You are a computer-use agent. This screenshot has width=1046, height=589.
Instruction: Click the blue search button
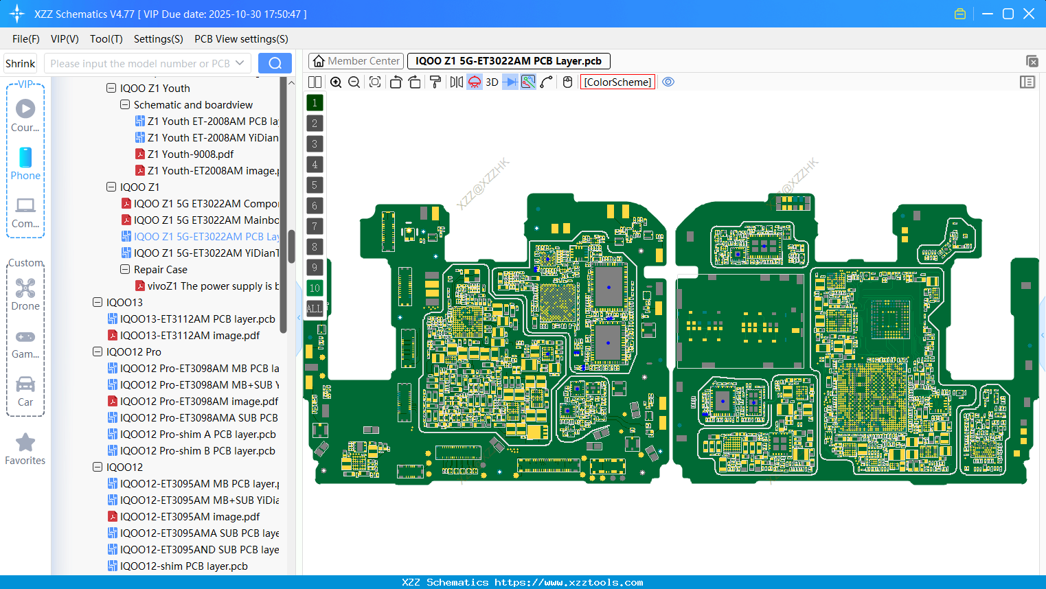pyautogui.click(x=275, y=63)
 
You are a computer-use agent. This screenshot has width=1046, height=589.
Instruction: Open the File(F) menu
pyautogui.click(x=26, y=39)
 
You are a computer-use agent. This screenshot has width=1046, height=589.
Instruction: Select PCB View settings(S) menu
pyautogui.click(x=241, y=39)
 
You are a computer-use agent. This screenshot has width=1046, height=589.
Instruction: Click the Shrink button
pyautogui.click(x=21, y=63)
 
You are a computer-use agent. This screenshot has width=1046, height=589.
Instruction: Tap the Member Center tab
pyautogui.click(x=356, y=61)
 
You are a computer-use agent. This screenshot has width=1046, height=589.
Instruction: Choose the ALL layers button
pyautogui.click(x=315, y=308)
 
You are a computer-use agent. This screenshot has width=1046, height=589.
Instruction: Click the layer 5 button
pyautogui.click(x=315, y=185)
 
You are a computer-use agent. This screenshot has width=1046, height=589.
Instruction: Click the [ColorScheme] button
pyautogui.click(x=617, y=82)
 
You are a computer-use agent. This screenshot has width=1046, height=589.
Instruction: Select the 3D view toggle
pyautogui.click(x=492, y=82)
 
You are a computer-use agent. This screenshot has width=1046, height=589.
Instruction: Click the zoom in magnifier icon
pyautogui.click(x=336, y=82)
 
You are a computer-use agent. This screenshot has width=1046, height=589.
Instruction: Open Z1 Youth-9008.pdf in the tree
pyautogui.click(x=190, y=154)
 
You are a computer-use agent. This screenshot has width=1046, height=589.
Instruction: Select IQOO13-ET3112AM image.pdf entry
pyautogui.click(x=190, y=336)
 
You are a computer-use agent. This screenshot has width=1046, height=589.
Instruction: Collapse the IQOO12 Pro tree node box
pyautogui.click(x=98, y=352)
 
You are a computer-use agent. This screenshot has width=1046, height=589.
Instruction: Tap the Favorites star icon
pyautogui.click(x=25, y=443)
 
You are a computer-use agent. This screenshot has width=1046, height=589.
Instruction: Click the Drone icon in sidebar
pyautogui.click(x=25, y=288)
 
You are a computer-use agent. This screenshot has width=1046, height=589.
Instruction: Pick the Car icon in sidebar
pyautogui.click(x=25, y=384)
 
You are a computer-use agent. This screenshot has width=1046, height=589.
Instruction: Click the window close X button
pyautogui.click(x=1029, y=14)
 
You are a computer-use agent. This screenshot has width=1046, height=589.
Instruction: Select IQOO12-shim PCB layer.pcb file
pyautogui.click(x=183, y=566)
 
